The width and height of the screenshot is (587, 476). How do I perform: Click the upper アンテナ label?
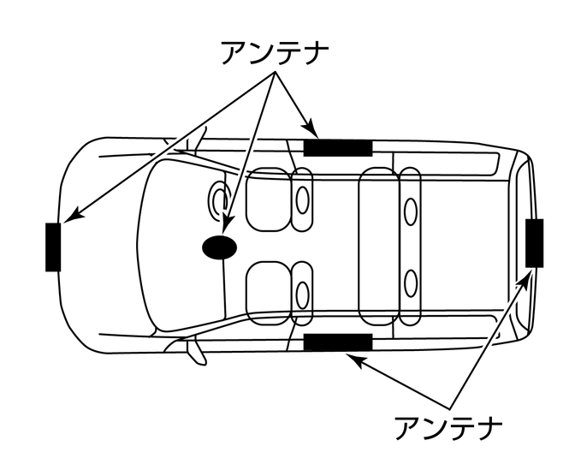pyautogui.click(x=274, y=52)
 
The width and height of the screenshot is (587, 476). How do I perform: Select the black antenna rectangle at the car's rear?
pyautogui.click(x=534, y=243)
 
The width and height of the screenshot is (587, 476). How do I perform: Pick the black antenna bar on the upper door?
pyautogui.click(x=338, y=146)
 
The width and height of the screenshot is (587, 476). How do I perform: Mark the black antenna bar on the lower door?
pyautogui.click(x=338, y=342)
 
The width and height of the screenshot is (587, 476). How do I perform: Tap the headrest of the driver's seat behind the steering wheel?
pyautogui.click(x=303, y=199)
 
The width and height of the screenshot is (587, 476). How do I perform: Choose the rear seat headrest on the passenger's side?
pyautogui.click(x=411, y=282)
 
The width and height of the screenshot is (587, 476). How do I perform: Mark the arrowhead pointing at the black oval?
pyautogui.click(x=227, y=228)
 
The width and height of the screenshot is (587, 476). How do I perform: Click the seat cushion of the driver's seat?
pyautogui.click(x=267, y=199)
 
